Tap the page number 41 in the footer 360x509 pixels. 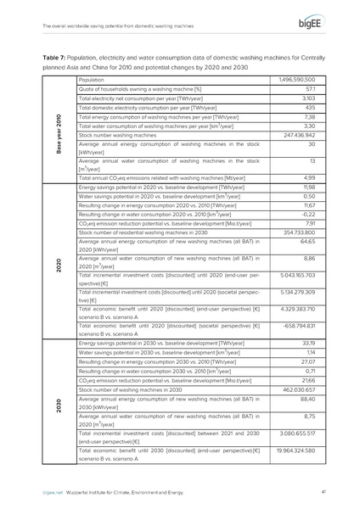coord(324,491)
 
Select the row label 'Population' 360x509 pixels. coord(91,80)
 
